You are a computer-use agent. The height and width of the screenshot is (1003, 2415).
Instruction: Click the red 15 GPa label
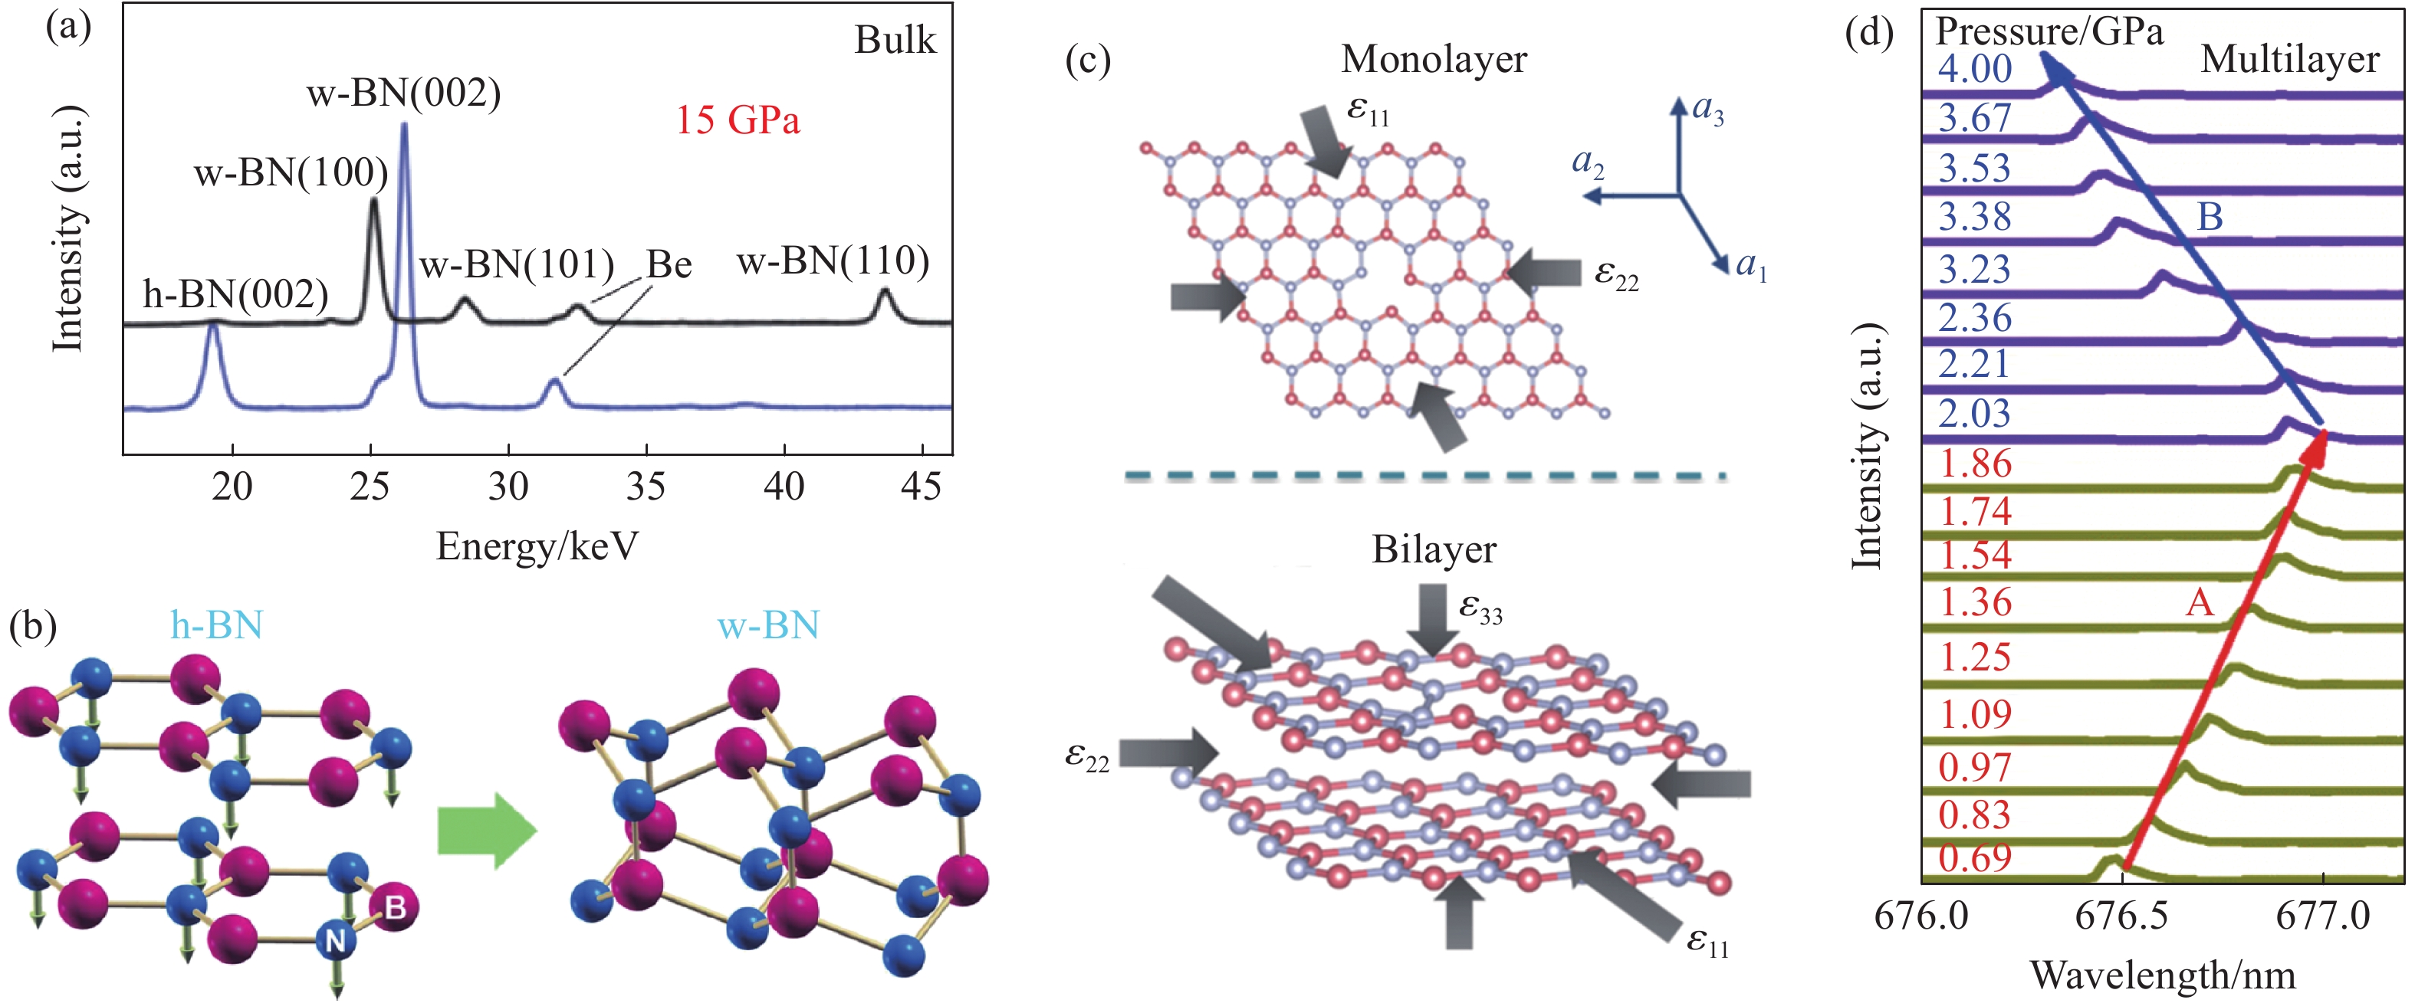point(738,120)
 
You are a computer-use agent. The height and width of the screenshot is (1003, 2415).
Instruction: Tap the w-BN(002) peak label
point(403,93)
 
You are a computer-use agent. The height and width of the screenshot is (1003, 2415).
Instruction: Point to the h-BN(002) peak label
point(235,294)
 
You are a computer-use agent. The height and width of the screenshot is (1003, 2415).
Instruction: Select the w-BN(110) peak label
point(833,261)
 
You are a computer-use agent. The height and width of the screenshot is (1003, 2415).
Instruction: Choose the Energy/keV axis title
point(537,546)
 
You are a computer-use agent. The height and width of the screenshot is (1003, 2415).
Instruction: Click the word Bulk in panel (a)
point(895,41)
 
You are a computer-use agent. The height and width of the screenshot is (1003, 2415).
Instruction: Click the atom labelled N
point(335,939)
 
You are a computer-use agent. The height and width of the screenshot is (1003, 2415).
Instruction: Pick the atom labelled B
point(395,906)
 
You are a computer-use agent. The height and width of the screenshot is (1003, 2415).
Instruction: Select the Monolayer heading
point(1434,59)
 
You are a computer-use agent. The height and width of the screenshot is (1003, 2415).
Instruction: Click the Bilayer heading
point(1434,549)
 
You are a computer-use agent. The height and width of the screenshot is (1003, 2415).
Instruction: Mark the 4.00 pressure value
point(1974,68)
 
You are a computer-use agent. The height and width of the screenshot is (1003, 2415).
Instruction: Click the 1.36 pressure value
point(1974,601)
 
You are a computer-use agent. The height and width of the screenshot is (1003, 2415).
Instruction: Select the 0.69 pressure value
point(1974,857)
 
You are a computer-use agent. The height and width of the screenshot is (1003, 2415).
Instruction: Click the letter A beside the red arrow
point(2200,601)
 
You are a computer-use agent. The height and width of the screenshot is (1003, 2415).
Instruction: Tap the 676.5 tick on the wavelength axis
point(2121,916)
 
